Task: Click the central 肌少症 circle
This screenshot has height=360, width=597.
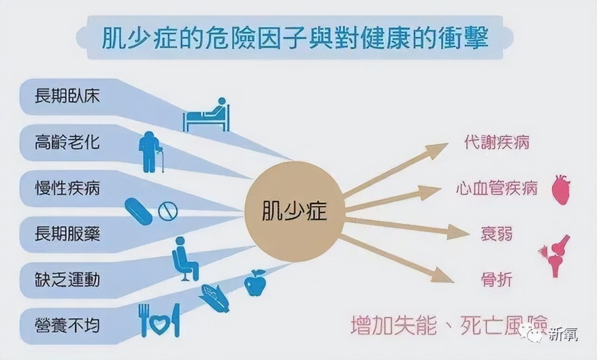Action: pyautogui.click(x=294, y=211)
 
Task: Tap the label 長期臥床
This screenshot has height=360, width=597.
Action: pyautogui.click(x=67, y=96)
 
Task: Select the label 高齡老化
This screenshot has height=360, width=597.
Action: pyautogui.click(x=67, y=142)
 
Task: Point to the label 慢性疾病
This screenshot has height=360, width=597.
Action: pyautogui.click(x=67, y=189)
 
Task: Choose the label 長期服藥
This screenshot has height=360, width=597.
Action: pyautogui.click(x=67, y=234)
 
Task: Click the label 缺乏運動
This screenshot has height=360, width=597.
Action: pyautogui.click(x=67, y=280)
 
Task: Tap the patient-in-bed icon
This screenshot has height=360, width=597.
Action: pyautogui.click(x=207, y=115)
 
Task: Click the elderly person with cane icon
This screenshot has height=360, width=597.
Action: pyautogui.click(x=151, y=152)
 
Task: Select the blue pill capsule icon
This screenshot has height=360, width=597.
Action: pyautogui.click(x=139, y=211)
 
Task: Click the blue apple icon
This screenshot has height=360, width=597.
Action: pyautogui.click(x=255, y=283)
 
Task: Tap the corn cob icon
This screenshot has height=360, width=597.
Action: pyautogui.click(x=214, y=299)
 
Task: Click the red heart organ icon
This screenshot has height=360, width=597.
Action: pyautogui.click(x=562, y=189)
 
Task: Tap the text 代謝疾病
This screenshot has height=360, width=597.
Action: pyautogui.click(x=497, y=143)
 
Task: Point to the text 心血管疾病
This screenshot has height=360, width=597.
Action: pyautogui.click(x=497, y=189)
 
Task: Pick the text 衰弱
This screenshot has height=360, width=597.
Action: pyautogui.click(x=497, y=234)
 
